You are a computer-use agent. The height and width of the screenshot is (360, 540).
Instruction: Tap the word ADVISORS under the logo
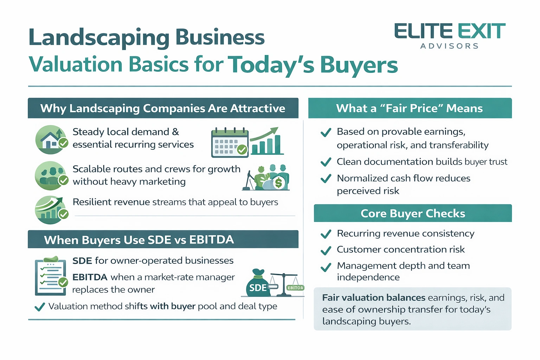450,46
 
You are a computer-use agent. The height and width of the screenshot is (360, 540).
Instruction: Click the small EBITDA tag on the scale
295,288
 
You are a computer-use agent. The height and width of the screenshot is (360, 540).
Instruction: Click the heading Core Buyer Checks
413,213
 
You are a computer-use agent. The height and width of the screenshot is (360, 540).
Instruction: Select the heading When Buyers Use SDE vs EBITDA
139,240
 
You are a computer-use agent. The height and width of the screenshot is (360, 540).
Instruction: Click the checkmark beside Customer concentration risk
326,250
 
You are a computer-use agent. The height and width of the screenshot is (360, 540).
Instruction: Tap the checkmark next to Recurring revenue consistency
326,234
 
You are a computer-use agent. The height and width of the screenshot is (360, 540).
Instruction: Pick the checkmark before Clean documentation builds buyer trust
326,162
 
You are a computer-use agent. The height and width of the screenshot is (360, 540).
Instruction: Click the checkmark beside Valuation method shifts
40,307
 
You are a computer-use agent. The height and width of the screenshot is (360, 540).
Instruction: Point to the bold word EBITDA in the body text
90,277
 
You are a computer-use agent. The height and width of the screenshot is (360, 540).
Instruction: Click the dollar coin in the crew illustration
279,183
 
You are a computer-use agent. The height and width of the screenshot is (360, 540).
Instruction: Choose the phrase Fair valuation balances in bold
373,298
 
